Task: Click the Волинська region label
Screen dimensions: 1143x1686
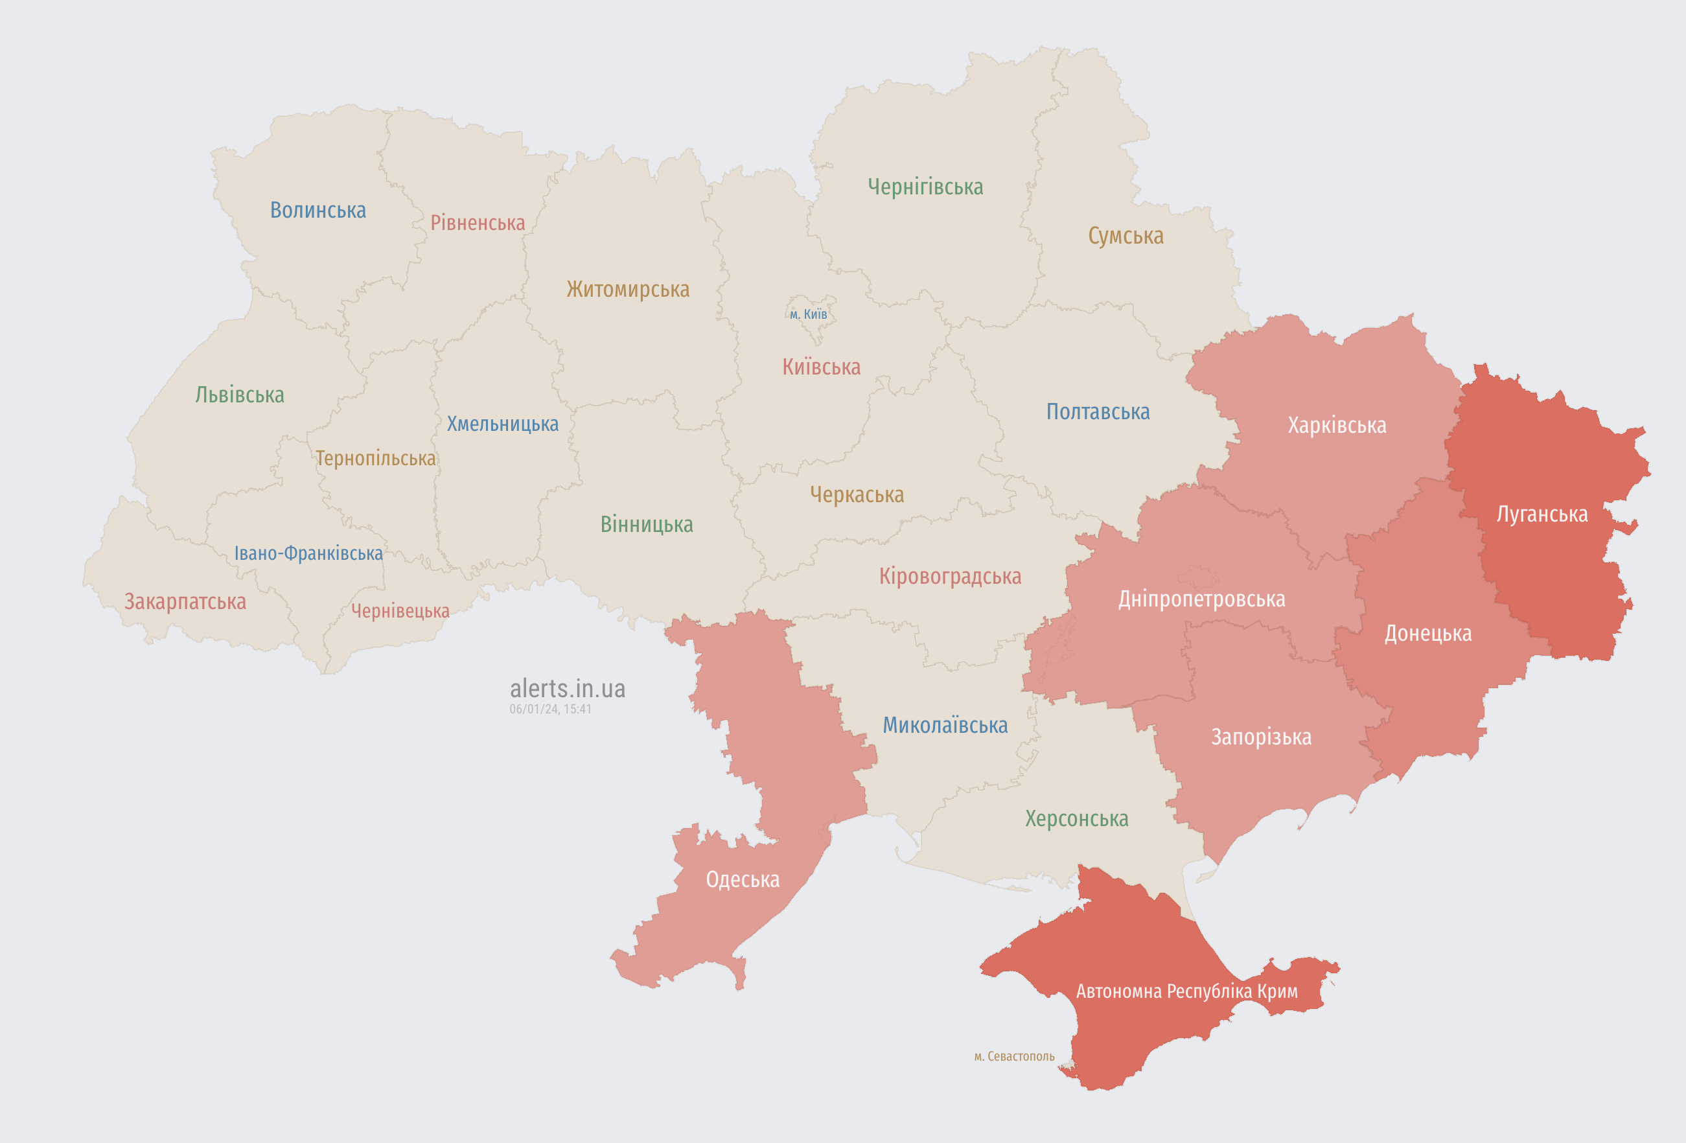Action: tap(318, 211)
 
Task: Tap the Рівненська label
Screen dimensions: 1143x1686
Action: tap(478, 223)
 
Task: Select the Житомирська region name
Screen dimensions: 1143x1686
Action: tap(627, 290)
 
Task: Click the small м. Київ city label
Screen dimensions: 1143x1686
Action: tap(808, 314)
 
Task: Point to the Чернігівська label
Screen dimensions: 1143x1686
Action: tap(925, 187)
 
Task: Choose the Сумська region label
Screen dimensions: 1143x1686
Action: tap(1126, 236)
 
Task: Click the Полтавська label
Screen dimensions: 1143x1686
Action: tap(1098, 412)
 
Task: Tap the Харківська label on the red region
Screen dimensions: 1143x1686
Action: tap(1336, 425)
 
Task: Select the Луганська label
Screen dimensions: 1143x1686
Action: tap(1542, 514)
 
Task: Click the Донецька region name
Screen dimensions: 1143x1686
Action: tap(1427, 633)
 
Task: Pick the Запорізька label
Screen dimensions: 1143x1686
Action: tap(1261, 737)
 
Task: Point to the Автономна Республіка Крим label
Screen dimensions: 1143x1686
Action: tap(1186, 991)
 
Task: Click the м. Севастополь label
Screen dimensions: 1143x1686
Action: tap(1013, 1056)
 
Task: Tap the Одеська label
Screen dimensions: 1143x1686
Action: tap(742, 880)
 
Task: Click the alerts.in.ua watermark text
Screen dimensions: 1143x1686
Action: tap(568, 688)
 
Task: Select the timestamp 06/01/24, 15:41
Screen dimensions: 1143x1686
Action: tap(550, 710)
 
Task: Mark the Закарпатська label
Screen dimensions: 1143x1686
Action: tap(185, 601)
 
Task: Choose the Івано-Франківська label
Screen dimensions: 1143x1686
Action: tap(308, 553)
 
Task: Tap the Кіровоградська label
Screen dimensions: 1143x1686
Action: tap(950, 576)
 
